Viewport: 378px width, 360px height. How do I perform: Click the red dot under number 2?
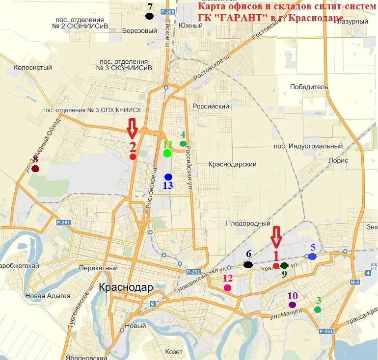(x=133, y=156)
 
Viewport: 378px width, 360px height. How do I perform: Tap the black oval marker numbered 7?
(x=149, y=16)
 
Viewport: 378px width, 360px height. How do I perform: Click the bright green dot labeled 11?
(x=167, y=153)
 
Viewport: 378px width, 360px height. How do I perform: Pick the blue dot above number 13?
(x=168, y=177)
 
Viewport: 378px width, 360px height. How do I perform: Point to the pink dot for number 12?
(x=227, y=288)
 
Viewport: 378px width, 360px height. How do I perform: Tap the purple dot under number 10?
(x=293, y=305)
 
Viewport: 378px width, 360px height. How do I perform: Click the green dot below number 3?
(x=318, y=309)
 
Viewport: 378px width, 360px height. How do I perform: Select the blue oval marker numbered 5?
(x=312, y=256)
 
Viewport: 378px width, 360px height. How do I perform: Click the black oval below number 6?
(x=248, y=265)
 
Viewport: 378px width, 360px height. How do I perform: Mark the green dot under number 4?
(x=183, y=144)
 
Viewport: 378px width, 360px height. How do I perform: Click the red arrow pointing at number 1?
(x=276, y=237)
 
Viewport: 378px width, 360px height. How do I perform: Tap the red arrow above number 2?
(x=132, y=128)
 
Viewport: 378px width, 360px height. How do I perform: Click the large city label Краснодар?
(x=126, y=287)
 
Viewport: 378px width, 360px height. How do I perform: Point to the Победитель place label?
(x=309, y=87)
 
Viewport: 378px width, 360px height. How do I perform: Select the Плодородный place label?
(x=248, y=224)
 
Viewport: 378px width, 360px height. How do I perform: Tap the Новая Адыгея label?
(x=48, y=296)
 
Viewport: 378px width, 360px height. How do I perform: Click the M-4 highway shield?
(x=355, y=282)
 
